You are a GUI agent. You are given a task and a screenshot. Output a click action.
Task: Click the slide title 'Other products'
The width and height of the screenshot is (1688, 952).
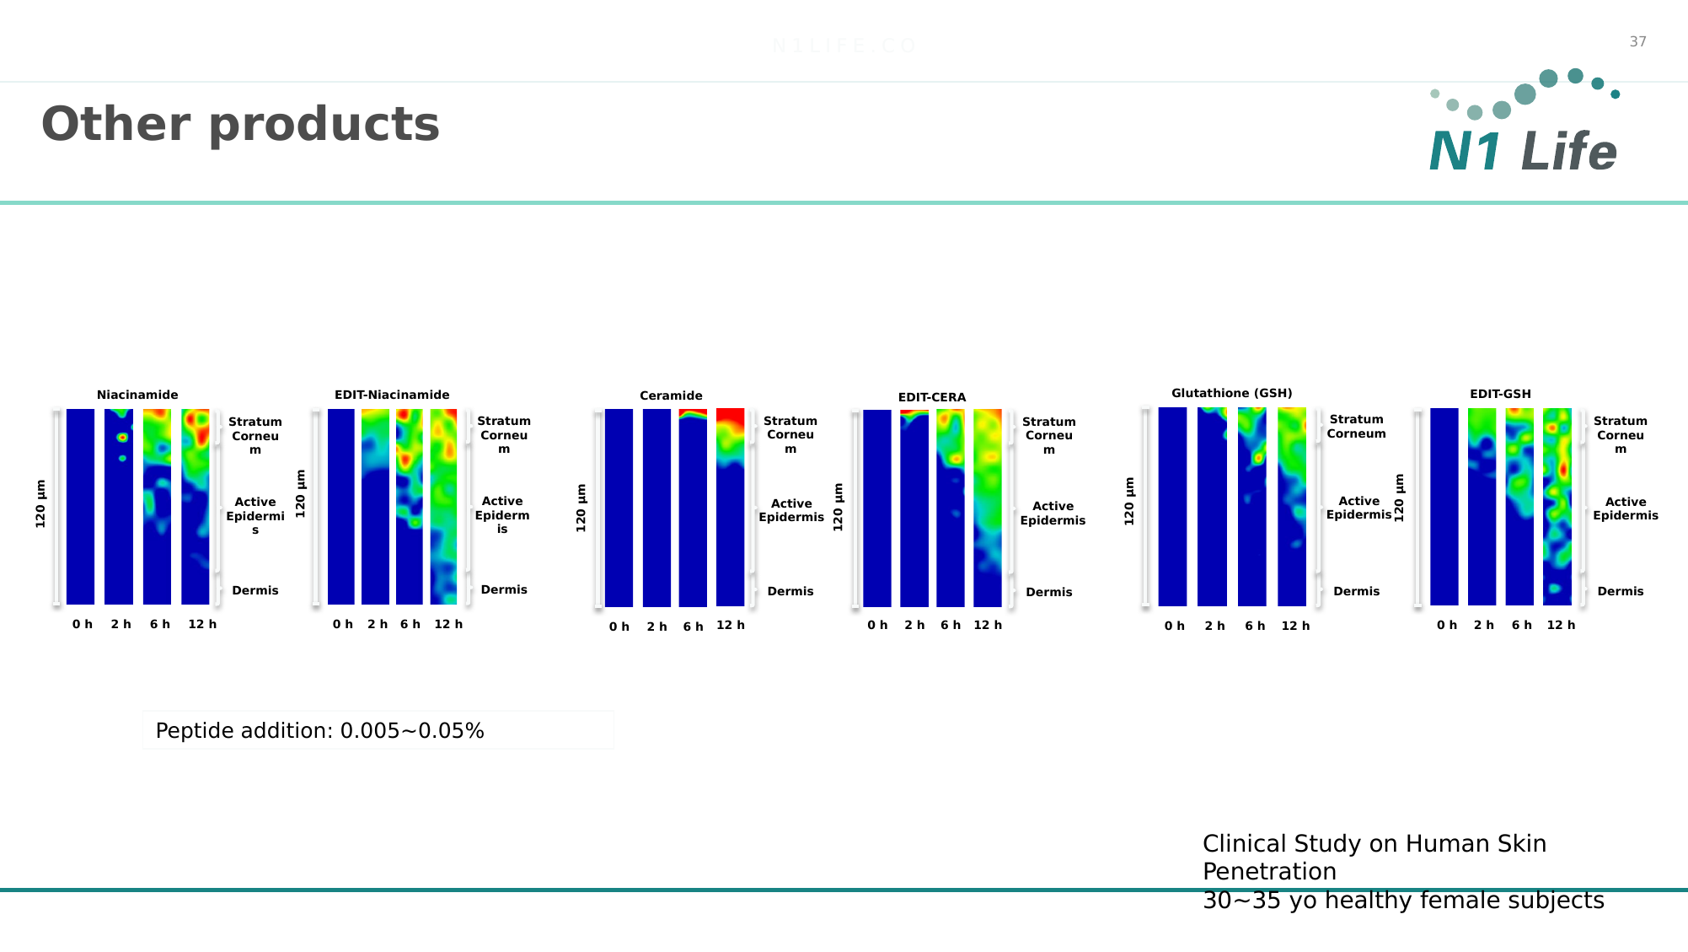(240, 125)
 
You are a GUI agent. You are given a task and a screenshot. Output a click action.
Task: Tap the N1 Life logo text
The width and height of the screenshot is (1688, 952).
(1523, 153)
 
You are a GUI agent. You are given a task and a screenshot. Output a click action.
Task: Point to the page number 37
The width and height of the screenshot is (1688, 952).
(1637, 41)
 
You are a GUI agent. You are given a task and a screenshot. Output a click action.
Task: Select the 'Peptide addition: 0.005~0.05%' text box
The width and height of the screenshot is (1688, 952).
(378, 730)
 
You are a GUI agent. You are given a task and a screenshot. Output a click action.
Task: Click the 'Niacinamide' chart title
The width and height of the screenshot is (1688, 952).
(137, 395)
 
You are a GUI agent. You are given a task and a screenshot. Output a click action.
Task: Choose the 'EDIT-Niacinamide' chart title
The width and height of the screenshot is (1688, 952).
(392, 395)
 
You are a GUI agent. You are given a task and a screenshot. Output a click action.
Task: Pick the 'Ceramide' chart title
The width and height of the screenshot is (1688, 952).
(671, 395)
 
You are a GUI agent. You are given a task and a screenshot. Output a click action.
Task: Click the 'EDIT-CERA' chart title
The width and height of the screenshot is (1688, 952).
(932, 397)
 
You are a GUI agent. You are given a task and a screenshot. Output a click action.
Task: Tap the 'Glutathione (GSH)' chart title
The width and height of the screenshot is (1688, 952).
(1231, 393)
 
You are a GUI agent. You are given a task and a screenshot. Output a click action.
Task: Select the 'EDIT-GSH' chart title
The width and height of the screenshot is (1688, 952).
(1500, 394)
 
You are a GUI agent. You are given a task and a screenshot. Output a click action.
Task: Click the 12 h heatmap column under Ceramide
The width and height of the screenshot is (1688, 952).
(731, 507)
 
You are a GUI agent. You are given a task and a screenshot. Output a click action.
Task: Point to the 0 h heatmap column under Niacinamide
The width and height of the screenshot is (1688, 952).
(80, 506)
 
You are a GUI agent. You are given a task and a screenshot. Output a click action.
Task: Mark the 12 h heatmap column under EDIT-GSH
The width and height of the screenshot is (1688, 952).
(1557, 506)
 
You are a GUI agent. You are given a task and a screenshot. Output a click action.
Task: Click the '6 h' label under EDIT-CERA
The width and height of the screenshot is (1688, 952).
(951, 625)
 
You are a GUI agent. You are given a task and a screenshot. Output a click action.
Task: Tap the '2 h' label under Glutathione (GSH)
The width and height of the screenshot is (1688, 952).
(1214, 626)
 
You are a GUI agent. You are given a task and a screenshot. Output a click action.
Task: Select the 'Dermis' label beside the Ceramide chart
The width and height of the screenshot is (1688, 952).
(790, 591)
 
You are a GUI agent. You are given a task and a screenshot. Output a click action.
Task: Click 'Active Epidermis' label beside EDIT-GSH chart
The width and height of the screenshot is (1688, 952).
(1625, 508)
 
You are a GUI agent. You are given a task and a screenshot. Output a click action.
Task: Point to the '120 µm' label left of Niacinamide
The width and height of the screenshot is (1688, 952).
(40, 504)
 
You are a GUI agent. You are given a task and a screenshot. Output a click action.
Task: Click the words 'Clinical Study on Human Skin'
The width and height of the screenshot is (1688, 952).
(1374, 843)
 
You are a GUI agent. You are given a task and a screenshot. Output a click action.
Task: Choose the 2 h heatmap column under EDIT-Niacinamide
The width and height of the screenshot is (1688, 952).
(375, 506)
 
